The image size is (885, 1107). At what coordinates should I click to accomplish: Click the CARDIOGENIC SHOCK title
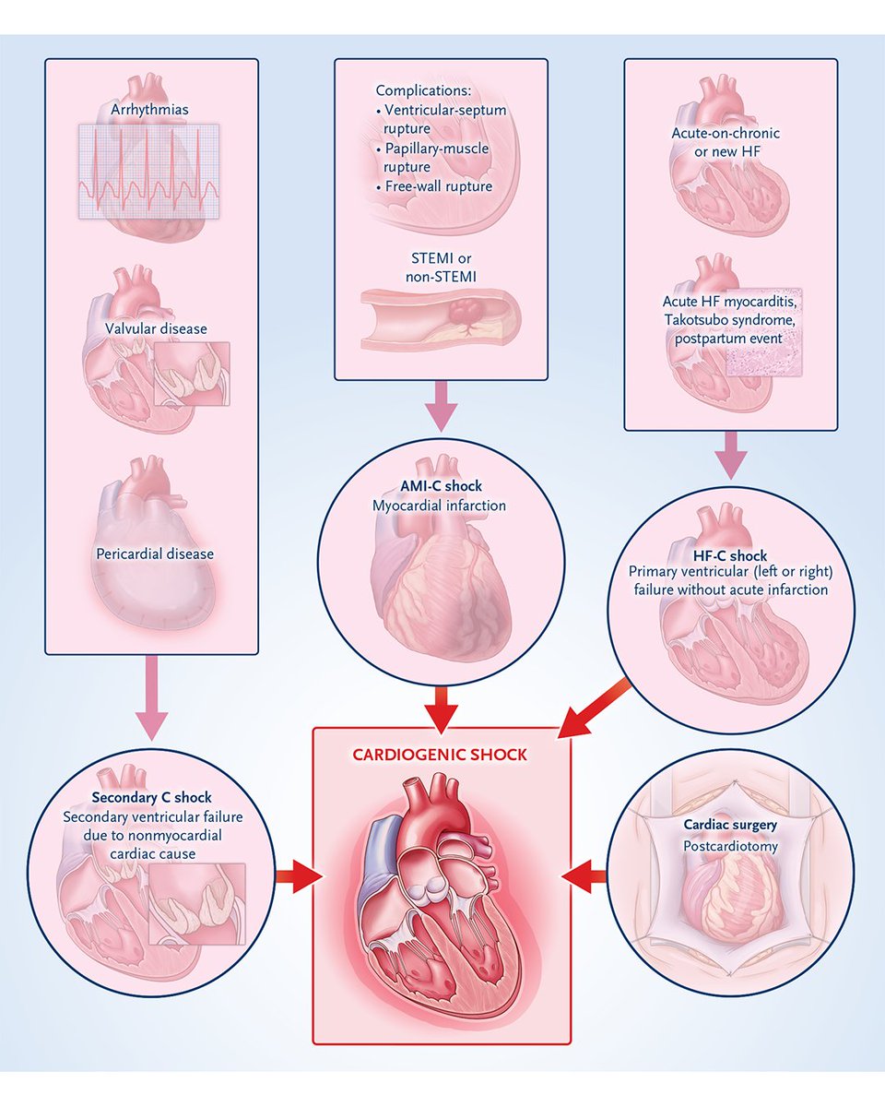click(440, 755)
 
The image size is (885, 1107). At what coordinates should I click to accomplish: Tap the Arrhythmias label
click(148, 110)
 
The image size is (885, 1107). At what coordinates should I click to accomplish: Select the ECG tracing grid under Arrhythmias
click(148, 172)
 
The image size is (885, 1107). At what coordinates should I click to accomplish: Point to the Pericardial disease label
click(154, 554)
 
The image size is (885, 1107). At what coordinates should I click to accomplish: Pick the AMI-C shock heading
click(441, 486)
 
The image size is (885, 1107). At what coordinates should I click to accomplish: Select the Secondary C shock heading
click(151, 797)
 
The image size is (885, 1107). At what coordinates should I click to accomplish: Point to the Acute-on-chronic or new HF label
click(726, 142)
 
